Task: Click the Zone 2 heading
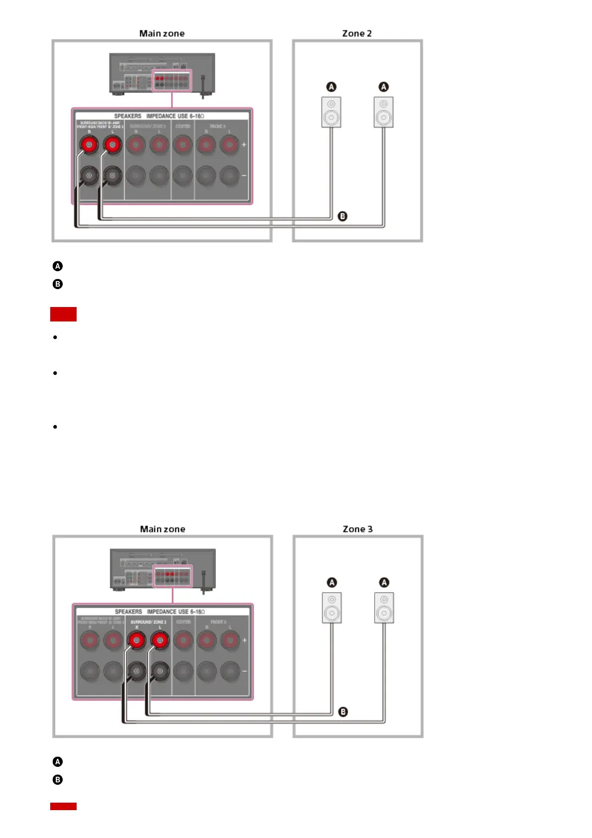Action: point(357,33)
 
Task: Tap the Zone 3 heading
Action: point(357,529)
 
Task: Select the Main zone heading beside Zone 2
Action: point(162,33)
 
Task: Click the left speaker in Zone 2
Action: point(331,112)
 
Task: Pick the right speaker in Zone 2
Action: point(384,112)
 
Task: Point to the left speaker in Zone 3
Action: point(332,608)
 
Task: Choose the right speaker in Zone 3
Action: point(384,608)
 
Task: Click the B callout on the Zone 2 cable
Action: point(342,216)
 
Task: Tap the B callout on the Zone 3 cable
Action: point(343,712)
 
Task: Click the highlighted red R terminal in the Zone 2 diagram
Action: point(90,145)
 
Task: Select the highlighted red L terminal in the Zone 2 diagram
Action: point(112,145)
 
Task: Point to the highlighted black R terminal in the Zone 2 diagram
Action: point(90,175)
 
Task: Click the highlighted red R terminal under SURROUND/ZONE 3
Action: point(136,640)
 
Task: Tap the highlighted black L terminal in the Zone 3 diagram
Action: point(160,671)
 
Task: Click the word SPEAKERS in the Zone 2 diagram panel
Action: point(128,116)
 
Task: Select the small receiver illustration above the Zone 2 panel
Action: point(162,74)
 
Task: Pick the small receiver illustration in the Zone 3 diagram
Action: point(163,569)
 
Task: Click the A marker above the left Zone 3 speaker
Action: point(332,582)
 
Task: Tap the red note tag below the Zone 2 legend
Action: point(63,314)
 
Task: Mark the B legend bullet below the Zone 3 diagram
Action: point(58,780)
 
